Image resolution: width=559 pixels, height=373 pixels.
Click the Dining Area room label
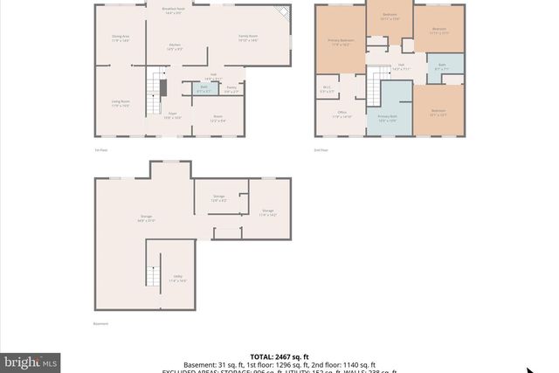click(121, 38)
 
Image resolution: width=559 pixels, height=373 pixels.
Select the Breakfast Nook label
click(173, 10)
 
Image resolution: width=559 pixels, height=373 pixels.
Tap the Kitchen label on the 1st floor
click(175, 47)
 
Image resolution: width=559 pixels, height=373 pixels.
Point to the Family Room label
click(249, 37)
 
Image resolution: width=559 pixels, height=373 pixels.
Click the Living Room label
click(121, 103)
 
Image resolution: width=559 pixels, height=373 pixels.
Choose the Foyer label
click(173, 114)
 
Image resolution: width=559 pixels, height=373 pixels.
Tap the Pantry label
click(231, 89)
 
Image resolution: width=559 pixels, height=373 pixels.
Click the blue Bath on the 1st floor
click(204, 88)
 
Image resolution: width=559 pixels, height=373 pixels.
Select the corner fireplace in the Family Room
click(281, 11)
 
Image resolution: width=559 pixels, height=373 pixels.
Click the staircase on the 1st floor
click(161, 88)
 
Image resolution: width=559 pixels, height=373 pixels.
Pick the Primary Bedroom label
click(340, 41)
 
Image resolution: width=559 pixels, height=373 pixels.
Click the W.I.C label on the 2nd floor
click(328, 88)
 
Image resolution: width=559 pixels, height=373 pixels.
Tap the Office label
click(342, 114)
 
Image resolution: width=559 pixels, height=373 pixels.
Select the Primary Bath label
click(388, 118)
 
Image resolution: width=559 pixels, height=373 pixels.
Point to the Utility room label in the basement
click(177, 279)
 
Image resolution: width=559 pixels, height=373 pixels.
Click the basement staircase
click(153, 277)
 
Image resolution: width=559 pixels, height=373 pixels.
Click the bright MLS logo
click(31, 361)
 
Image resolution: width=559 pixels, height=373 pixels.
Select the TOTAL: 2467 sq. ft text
click(279, 356)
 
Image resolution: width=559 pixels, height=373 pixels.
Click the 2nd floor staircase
click(381, 88)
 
